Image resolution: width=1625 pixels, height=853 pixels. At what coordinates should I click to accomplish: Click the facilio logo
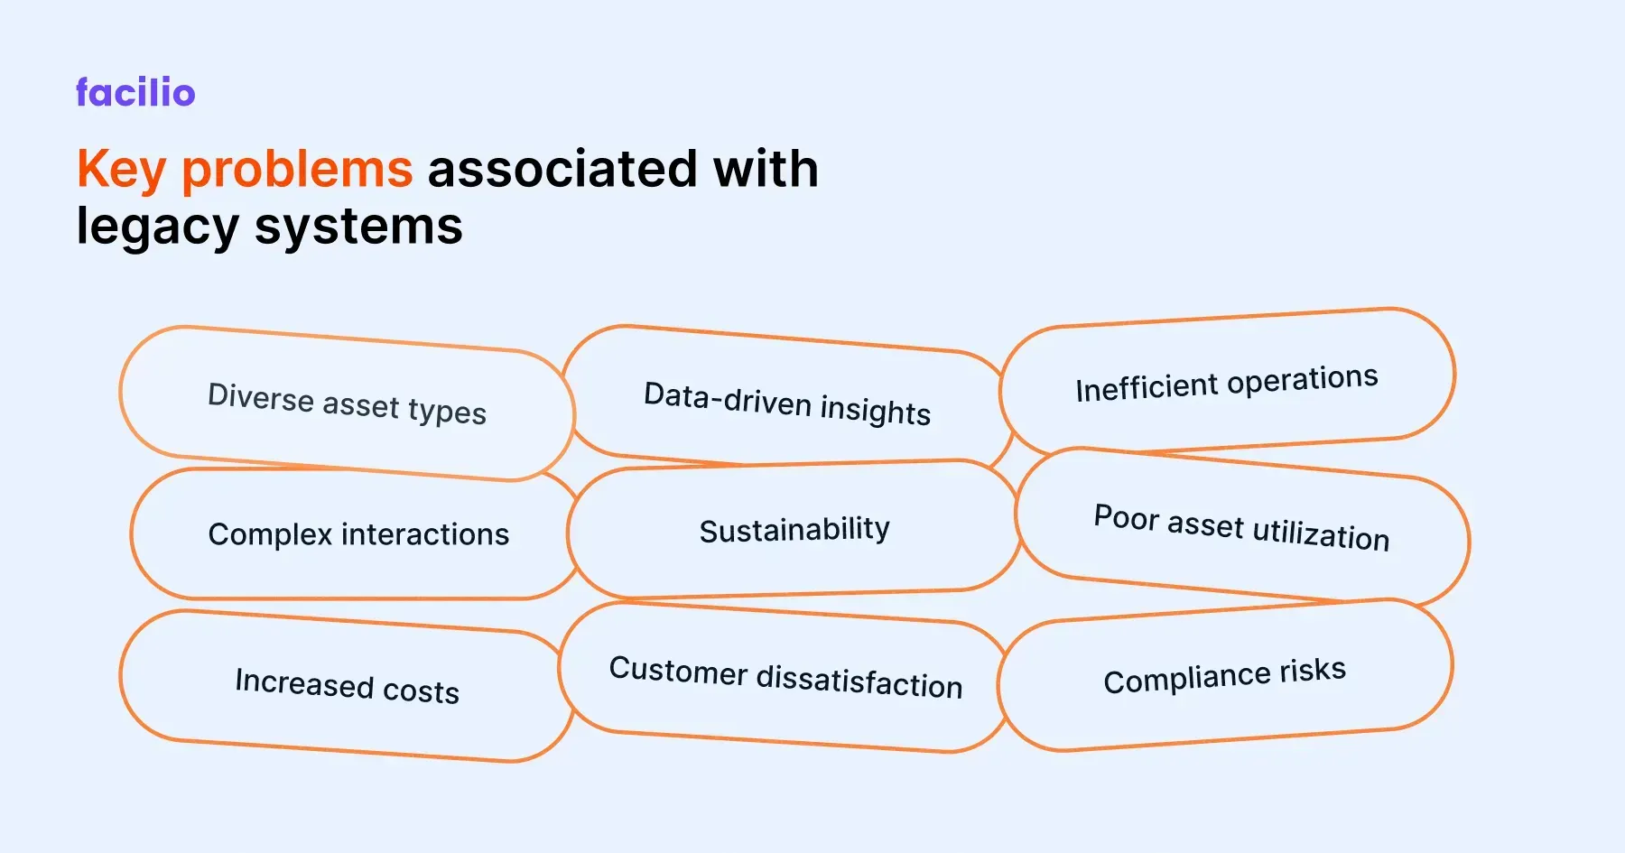(135, 93)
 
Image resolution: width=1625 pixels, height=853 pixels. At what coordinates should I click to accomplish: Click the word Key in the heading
(121, 170)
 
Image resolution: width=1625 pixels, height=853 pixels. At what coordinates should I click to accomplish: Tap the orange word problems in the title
(297, 170)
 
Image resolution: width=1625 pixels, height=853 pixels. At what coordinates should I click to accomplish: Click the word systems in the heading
(358, 226)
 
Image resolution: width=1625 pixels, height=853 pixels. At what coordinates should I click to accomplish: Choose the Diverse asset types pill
(347, 403)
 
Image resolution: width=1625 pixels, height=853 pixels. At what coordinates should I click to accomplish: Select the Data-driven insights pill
(786, 403)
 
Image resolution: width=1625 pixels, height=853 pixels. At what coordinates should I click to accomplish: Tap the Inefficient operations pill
(1226, 383)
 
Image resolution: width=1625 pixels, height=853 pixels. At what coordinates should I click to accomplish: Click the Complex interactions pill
(358, 534)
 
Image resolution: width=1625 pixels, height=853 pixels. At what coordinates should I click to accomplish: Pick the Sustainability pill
(794, 530)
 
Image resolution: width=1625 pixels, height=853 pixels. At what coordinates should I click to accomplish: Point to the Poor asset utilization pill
(1241, 527)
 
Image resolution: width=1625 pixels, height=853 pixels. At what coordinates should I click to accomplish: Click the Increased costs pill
(347, 686)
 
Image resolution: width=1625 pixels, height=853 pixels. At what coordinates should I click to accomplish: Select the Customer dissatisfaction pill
(785, 677)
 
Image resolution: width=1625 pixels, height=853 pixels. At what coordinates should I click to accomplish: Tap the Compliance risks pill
(1224, 676)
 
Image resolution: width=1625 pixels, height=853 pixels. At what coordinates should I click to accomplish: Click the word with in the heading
(766, 170)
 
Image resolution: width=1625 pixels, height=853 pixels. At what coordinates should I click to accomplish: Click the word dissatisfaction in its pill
(859, 681)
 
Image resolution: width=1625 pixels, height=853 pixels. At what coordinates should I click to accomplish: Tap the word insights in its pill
(876, 411)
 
